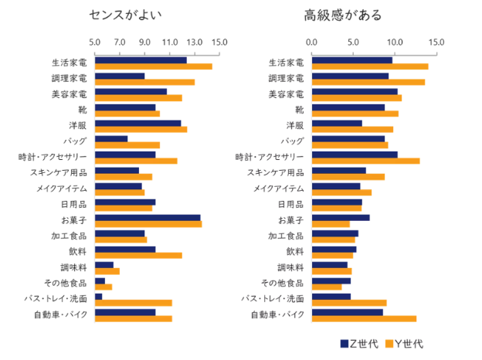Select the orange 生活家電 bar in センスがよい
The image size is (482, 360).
click(x=153, y=67)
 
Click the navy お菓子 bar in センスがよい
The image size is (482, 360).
click(x=148, y=218)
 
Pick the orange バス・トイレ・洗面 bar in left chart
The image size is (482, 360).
click(x=133, y=303)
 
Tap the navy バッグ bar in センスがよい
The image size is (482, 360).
click(x=111, y=139)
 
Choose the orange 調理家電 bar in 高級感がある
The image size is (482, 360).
click(x=368, y=82)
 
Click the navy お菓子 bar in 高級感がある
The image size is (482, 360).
click(x=341, y=218)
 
